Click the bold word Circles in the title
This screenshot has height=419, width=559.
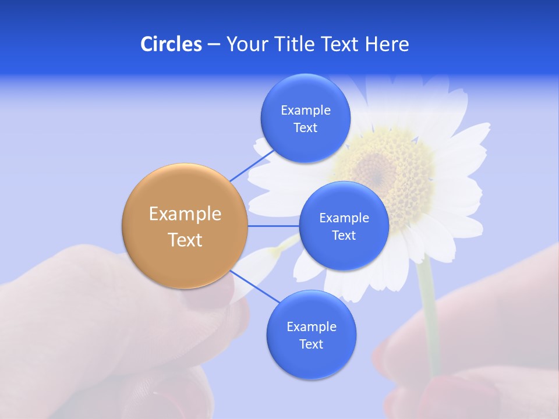(171, 44)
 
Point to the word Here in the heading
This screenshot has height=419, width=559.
(387, 44)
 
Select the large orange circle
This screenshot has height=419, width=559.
(185, 226)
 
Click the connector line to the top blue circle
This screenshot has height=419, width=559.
(252, 164)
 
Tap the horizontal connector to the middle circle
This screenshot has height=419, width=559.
(273, 226)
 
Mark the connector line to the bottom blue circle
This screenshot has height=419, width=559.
(255, 287)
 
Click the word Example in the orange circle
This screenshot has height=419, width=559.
(185, 214)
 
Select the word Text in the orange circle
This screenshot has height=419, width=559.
(185, 240)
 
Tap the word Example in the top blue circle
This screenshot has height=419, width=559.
(305, 111)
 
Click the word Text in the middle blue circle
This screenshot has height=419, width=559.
(344, 236)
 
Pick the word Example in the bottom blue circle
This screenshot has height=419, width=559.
(311, 327)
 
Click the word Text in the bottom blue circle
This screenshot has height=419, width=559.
(311, 345)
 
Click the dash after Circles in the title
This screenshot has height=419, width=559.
(213, 45)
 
